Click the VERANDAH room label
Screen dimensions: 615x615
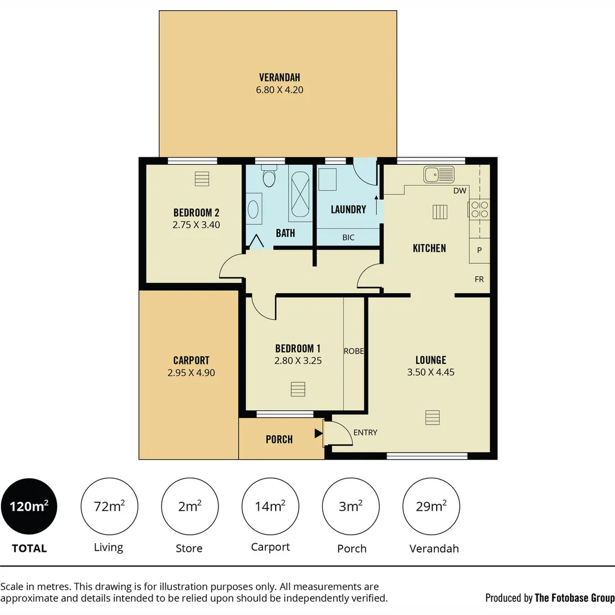click(279, 77)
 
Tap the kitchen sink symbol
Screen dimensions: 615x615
click(438, 174)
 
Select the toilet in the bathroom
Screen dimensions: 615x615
click(269, 178)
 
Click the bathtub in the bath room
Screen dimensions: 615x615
click(300, 193)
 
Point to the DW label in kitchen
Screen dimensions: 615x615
click(460, 191)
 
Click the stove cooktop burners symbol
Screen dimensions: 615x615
click(479, 210)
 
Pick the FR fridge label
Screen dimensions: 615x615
click(479, 280)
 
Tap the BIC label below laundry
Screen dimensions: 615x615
click(348, 237)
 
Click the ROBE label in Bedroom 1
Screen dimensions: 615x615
click(354, 351)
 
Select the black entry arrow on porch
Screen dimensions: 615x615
click(318, 434)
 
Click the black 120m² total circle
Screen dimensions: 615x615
click(28, 506)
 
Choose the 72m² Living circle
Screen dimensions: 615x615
click(109, 506)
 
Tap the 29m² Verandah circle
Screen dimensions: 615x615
click(430, 506)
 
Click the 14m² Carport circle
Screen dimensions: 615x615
click(270, 506)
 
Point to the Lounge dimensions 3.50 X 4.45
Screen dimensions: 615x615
click(430, 372)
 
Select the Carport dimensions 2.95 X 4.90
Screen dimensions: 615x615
click(191, 373)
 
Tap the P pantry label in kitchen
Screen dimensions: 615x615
click(479, 250)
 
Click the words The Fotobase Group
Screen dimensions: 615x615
click(574, 597)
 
